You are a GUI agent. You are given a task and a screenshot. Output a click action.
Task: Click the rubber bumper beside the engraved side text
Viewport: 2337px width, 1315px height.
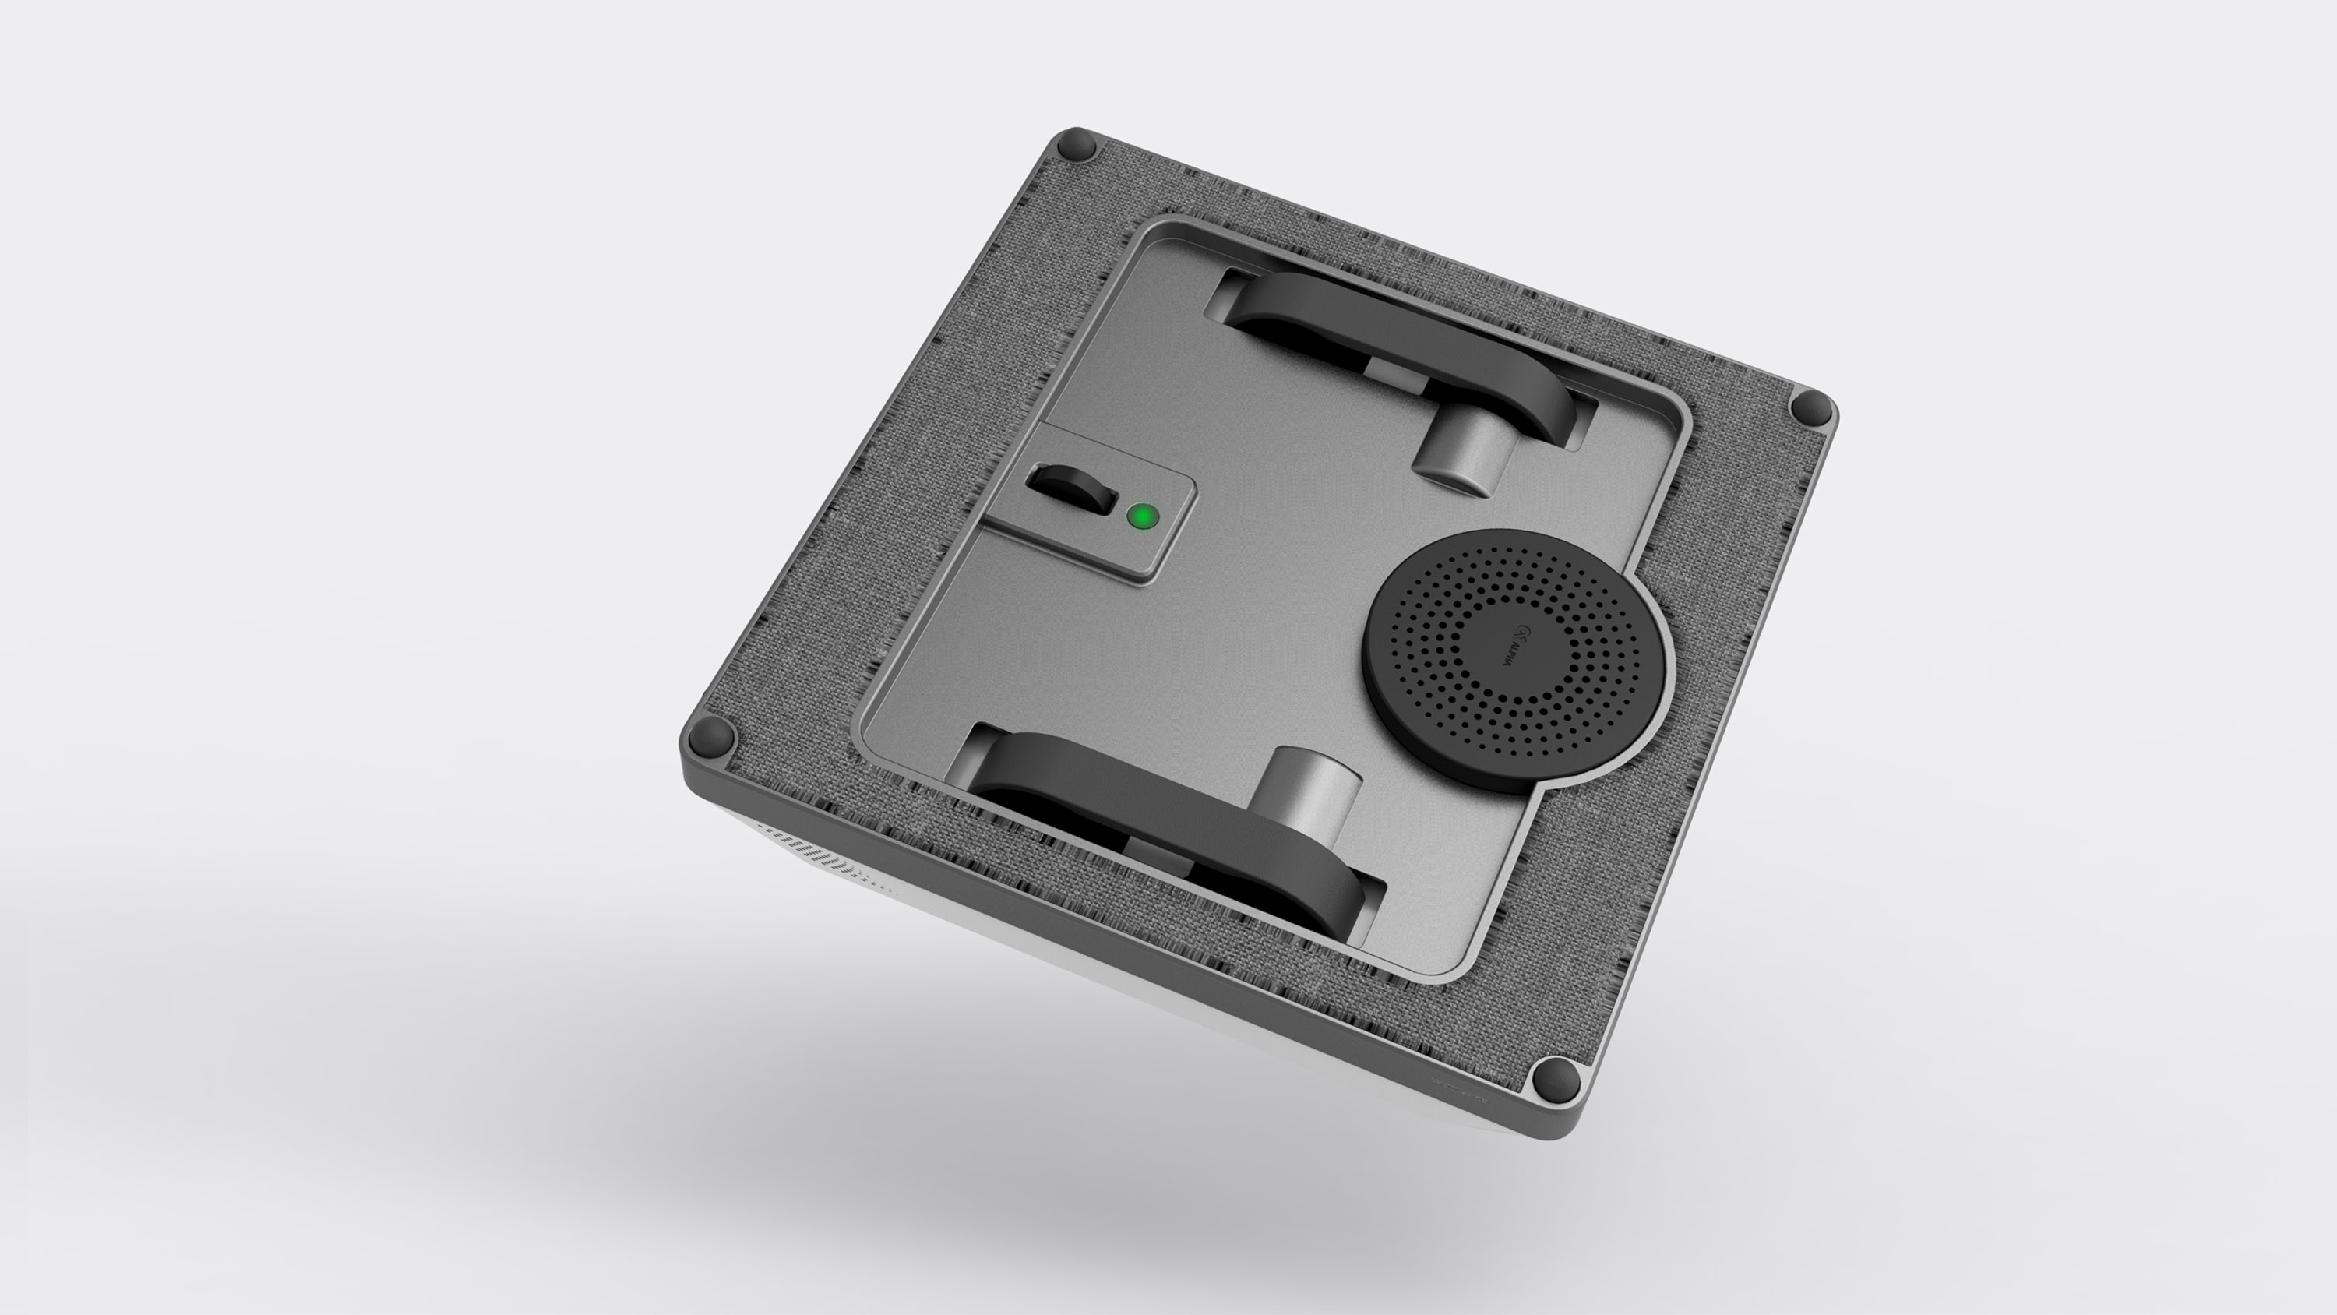click(x=1554, y=1079)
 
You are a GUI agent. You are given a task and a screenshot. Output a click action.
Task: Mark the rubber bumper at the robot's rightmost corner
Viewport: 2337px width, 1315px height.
click(x=1811, y=407)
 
